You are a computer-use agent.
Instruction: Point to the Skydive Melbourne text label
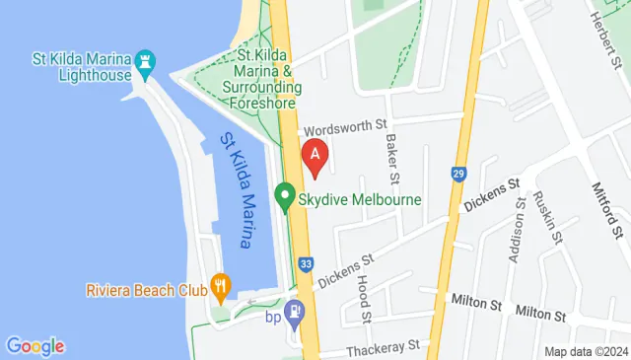[360, 199]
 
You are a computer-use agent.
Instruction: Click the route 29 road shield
[458, 174]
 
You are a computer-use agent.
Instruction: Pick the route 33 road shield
[307, 264]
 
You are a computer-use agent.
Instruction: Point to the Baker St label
[391, 156]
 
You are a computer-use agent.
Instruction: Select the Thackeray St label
[384, 347]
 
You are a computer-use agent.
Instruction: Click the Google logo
[35, 346]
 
